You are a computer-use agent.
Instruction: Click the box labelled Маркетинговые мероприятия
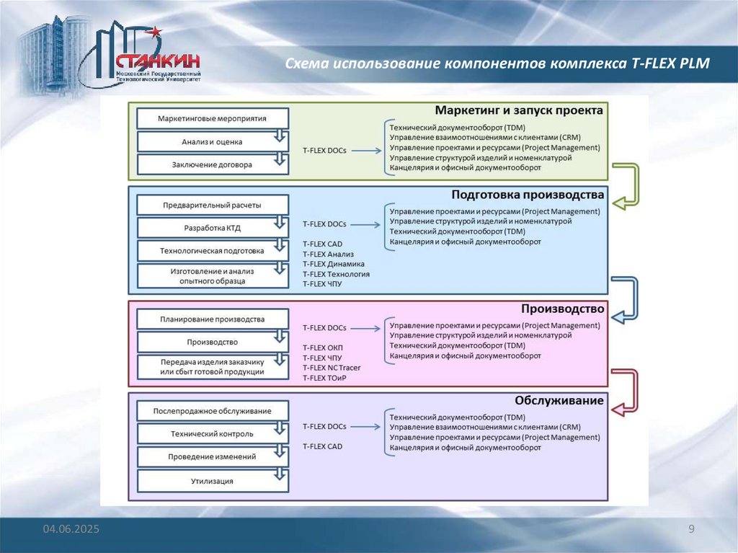pos(212,118)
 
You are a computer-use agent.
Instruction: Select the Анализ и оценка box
pos(212,142)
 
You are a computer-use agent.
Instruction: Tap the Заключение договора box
pos(212,165)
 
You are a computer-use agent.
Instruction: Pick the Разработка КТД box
pos(212,229)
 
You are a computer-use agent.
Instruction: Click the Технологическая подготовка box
pos(212,251)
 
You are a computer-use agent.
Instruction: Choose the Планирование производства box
pos(212,319)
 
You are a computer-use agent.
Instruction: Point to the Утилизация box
pos(212,481)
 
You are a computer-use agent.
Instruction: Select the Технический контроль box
pos(212,434)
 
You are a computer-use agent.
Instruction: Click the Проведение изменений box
pos(212,457)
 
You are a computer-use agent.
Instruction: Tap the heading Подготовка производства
pos(528,195)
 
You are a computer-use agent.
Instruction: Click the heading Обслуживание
pos(559,400)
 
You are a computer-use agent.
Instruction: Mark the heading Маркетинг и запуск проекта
pos(519,110)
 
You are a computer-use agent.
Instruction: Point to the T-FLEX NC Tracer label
pos(332,368)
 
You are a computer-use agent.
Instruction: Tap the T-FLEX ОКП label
pos(322,348)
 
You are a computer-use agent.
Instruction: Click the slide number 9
pos(691,530)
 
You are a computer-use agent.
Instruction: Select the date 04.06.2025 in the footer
pos(71,530)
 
